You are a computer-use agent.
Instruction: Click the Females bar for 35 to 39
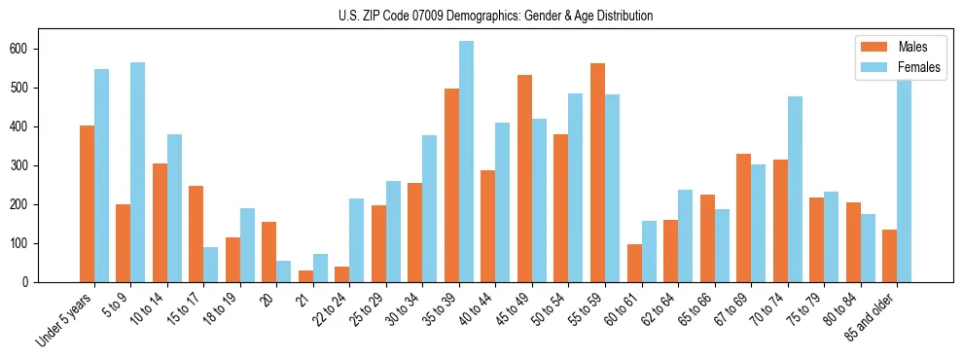(466, 162)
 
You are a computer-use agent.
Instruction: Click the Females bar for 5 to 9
(138, 172)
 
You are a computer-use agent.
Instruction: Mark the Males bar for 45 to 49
(524, 179)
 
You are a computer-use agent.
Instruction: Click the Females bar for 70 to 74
(795, 190)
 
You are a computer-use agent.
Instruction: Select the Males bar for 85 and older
(889, 256)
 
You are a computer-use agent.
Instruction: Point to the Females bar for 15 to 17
(211, 265)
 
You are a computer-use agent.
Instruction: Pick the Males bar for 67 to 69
(743, 218)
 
